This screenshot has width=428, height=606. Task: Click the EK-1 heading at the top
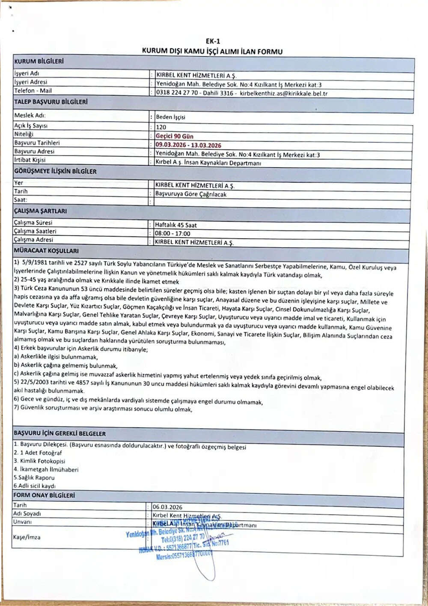coord(213,42)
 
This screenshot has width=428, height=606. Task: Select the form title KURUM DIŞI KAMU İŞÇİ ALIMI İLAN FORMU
coord(212,51)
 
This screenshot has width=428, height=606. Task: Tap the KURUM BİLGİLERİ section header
coord(39,61)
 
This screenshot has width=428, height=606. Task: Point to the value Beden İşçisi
coord(170,117)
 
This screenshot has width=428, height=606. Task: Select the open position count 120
coord(161,127)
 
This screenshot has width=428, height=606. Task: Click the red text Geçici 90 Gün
coord(174,136)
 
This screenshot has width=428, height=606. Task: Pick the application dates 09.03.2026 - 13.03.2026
coord(188,145)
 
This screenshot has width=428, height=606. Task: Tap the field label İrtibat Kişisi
coord(30,160)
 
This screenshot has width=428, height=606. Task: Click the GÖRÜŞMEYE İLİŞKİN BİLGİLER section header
coord(55,171)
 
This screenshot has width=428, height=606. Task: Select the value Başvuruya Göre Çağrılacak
coord(190,194)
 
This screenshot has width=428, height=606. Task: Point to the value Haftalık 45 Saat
coord(175,225)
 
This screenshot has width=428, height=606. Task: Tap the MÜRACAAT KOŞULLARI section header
coord(46,251)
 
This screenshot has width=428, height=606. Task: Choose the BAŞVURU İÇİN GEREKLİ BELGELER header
coord(59,433)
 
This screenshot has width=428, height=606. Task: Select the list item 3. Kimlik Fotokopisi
coord(39,461)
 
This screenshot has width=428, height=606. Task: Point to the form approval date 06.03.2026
coord(167,507)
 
